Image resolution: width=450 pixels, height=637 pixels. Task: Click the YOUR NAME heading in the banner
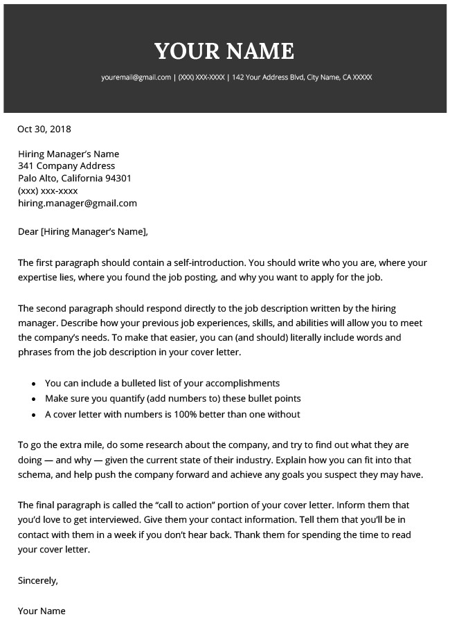224,51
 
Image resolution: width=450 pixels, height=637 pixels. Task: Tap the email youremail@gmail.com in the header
136,78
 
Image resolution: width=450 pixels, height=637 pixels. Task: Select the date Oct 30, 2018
44,129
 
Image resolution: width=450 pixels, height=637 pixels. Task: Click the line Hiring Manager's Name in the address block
69,154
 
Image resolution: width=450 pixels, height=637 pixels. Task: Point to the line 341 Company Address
66,166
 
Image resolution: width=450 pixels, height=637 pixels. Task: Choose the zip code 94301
117,179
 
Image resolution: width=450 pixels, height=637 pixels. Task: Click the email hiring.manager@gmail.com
78,204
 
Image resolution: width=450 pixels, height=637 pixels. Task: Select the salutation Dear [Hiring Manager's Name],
83,232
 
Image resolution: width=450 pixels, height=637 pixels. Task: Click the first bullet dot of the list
34,384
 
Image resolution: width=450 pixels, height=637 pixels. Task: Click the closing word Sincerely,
38,581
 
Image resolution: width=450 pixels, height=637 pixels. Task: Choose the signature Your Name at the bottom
42,611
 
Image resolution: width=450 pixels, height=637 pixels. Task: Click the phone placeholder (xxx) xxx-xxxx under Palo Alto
48,191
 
